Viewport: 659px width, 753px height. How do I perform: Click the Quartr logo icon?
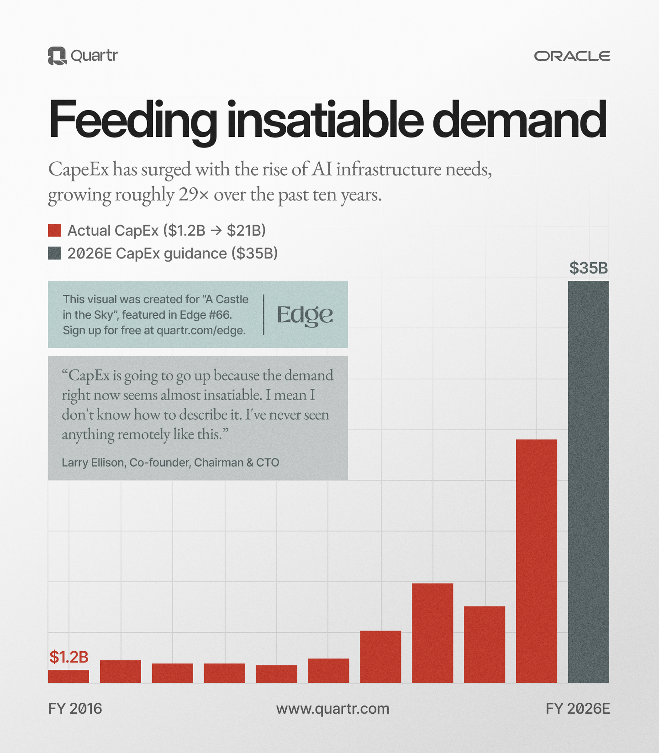click(x=57, y=56)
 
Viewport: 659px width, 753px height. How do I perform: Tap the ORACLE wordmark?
click(x=572, y=56)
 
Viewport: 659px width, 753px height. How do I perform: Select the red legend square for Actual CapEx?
click(x=54, y=230)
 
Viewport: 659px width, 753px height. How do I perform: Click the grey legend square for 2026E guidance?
click(x=54, y=253)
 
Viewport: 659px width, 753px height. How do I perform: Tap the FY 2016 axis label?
click(x=75, y=709)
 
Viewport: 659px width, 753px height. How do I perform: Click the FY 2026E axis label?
click(x=577, y=709)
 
